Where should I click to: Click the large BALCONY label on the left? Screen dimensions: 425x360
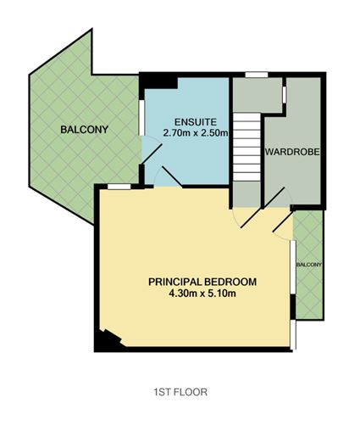(x=81, y=130)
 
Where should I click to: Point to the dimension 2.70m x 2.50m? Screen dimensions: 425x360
(x=195, y=132)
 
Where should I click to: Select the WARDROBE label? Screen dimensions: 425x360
(x=291, y=154)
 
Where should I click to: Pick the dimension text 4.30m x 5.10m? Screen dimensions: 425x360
(x=202, y=294)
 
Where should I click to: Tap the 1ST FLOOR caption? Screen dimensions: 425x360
(x=180, y=393)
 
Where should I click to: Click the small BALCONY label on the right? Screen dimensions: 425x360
(x=309, y=265)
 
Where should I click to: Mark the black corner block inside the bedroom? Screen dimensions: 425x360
(x=108, y=339)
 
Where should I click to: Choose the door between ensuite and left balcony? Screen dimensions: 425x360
(x=151, y=154)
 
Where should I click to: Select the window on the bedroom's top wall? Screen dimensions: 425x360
(x=119, y=185)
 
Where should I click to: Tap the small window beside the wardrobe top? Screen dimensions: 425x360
(x=285, y=93)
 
